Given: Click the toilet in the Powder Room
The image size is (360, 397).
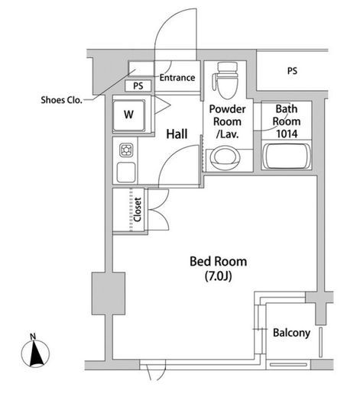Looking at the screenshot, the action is pyautogui.click(x=225, y=80).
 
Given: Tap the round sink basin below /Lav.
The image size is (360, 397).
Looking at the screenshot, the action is pyautogui.click(x=225, y=157).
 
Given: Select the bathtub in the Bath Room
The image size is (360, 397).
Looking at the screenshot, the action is pyautogui.click(x=287, y=157).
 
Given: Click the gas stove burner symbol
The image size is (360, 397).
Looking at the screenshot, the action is pyautogui.click(x=126, y=150).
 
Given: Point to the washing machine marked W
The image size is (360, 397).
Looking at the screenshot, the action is pyautogui.click(x=129, y=115).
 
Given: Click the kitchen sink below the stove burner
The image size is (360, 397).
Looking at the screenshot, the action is pyautogui.click(x=126, y=172).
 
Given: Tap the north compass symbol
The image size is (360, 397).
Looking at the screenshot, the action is pyautogui.click(x=35, y=353).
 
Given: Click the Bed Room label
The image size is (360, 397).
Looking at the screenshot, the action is pyautogui.click(x=219, y=262).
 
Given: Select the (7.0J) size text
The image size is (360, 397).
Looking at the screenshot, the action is pyautogui.click(x=219, y=276).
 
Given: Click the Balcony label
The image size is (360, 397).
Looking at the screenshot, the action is pyautogui.click(x=291, y=333).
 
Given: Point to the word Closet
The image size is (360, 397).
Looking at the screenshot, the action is pyautogui.click(x=138, y=210).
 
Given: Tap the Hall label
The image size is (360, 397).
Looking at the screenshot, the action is pyautogui.click(x=177, y=134).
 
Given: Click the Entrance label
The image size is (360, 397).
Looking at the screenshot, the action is pyautogui.click(x=177, y=78).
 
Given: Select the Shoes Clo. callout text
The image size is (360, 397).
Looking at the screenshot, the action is pyautogui.click(x=62, y=100).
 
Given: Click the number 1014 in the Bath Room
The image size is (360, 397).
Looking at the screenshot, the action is pyautogui.click(x=287, y=134).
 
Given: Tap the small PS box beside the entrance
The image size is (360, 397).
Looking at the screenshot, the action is pyautogui.click(x=138, y=86).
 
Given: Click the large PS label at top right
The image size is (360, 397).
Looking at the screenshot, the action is pyautogui.click(x=292, y=71).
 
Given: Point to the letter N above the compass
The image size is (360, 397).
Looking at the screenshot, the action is pyautogui.click(x=33, y=337).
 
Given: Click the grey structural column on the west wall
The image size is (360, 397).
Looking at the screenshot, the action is pyautogui.click(x=109, y=293).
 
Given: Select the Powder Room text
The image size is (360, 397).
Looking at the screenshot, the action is pyautogui.click(x=227, y=115).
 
